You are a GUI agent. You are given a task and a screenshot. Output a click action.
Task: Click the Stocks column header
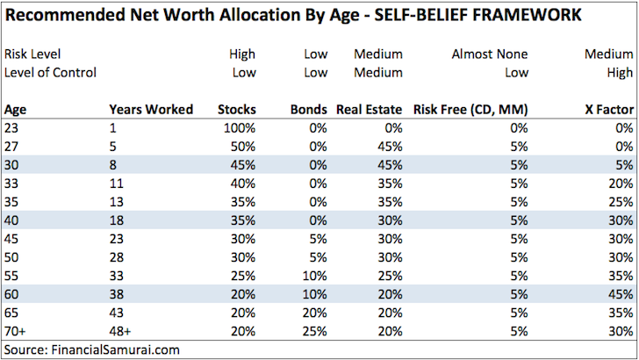tap(237, 110)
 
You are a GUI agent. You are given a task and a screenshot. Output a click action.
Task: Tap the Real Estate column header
tap(370, 110)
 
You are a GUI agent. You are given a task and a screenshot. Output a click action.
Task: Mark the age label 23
tap(11, 127)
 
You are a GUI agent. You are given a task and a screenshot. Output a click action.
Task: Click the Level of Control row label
tap(50, 72)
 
